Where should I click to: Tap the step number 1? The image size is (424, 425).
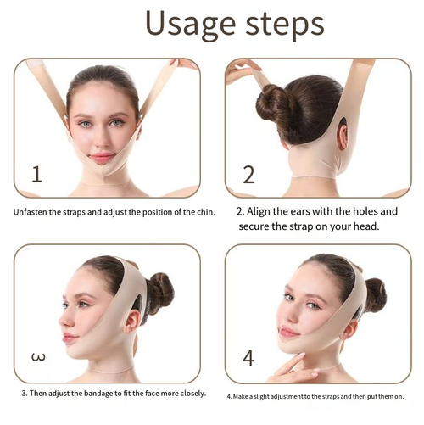(x=36, y=175)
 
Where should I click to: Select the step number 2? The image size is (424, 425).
(x=248, y=175)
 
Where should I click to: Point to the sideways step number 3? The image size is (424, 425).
(x=38, y=357)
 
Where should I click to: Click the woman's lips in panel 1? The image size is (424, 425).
(x=102, y=158)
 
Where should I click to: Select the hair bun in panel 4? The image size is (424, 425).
(x=374, y=294)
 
